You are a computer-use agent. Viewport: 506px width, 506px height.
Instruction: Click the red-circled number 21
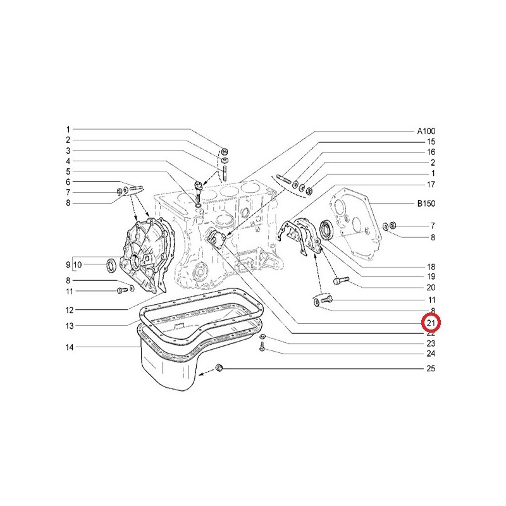pos(431,323)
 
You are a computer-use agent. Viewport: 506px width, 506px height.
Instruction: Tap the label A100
pos(426,131)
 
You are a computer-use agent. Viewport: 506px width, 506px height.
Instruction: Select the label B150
pos(426,204)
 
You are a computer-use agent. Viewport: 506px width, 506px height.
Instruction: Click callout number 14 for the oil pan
pos(70,347)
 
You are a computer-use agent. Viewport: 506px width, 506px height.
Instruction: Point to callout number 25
pos(431,369)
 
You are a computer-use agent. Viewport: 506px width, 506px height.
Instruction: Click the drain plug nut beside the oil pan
pos(219,367)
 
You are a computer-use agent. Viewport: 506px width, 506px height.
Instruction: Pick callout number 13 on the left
pos(70,326)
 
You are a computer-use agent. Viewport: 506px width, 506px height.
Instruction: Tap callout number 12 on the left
pos(70,311)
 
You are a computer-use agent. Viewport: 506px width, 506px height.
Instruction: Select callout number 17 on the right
pos(431,185)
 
